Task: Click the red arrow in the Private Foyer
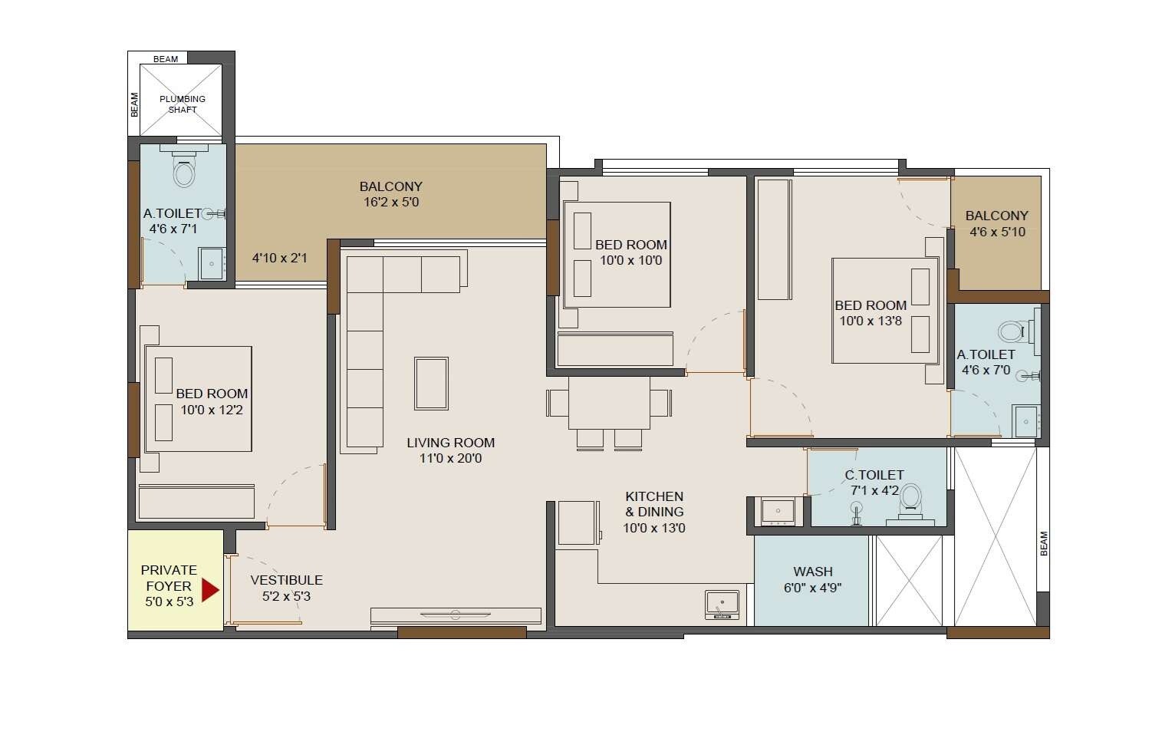pyautogui.click(x=209, y=589)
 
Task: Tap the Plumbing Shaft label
pyautogui.click(x=183, y=104)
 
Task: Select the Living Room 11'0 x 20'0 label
pyautogui.click(x=450, y=450)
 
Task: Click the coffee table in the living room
pyautogui.click(x=431, y=383)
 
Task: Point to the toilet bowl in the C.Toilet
pyautogui.click(x=910, y=498)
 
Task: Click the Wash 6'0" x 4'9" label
pyautogui.click(x=813, y=579)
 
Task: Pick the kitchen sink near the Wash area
pyautogui.click(x=722, y=604)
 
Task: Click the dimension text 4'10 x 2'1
pyautogui.click(x=279, y=258)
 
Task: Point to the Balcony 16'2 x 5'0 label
pyautogui.click(x=391, y=194)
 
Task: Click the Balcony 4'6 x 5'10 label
pyautogui.click(x=996, y=223)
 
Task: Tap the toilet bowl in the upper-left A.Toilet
pyautogui.click(x=184, y=173)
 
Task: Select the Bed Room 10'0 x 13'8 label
pyautogui.click(x=870, y=313)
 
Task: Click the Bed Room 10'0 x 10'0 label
pyautogui.click(x=631, y=252)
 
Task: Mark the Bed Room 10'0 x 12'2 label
pyautogui.click(x=212, y=401)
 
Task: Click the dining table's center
pyautogui.click(x=609, y=403)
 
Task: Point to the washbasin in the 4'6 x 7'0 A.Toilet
pyautogui.click(x=1026, y=420)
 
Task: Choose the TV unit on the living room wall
pyautogui.click(x=456, y=615)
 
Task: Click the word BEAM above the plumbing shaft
pyautogui.click(x=166, y=59)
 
